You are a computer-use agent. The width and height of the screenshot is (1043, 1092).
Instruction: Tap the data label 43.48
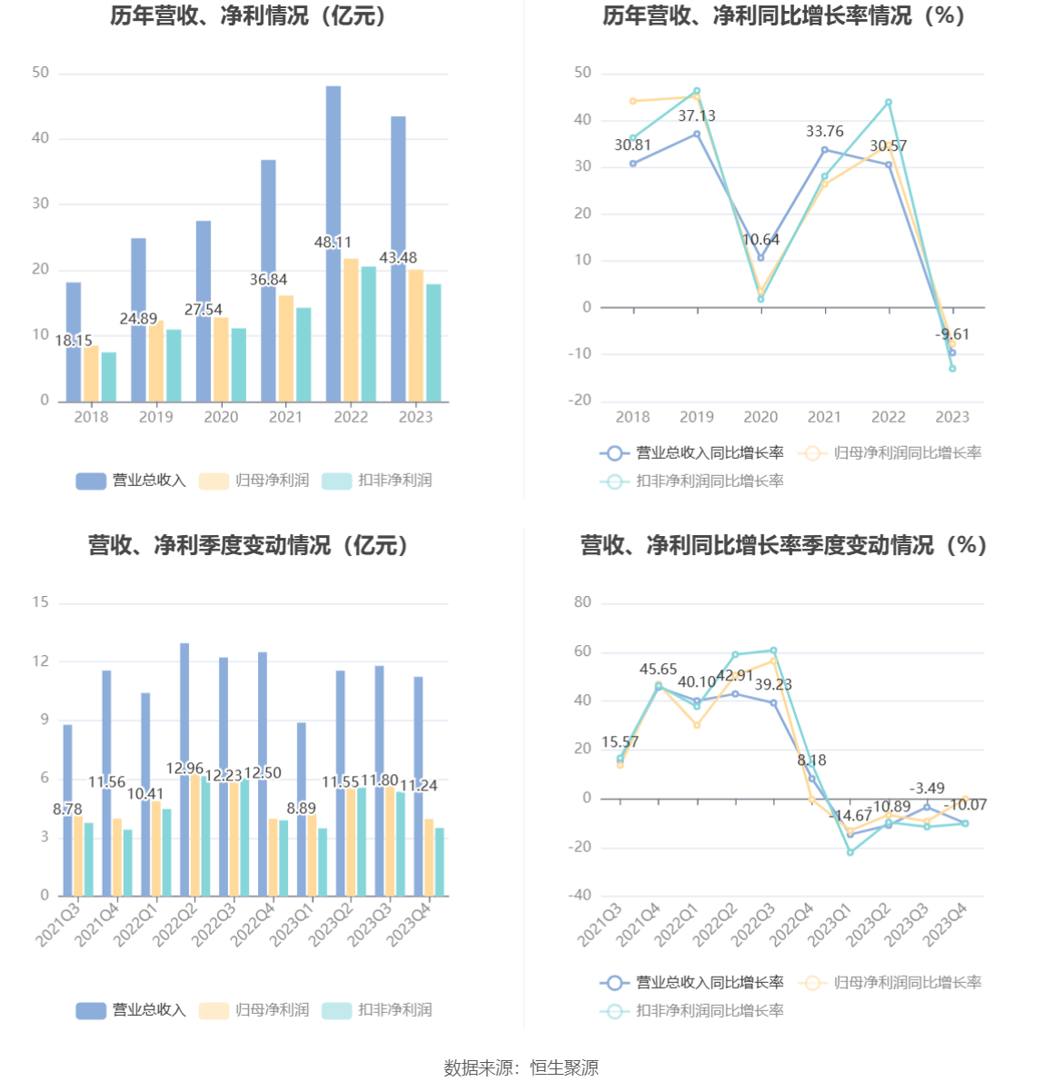398,258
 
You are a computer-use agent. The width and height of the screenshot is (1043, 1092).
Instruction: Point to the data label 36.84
268,280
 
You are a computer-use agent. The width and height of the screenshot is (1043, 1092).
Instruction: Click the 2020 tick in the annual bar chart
221,417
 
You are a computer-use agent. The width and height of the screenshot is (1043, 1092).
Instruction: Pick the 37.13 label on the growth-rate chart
697,116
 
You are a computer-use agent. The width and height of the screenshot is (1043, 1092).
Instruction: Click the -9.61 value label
952,334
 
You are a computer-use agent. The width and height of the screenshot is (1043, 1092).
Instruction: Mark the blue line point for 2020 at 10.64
761,258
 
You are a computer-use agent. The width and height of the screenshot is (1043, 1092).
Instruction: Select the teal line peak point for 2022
889,103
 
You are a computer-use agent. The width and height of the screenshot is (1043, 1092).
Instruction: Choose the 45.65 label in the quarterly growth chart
658,670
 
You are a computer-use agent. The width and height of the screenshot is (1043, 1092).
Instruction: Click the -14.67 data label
852,816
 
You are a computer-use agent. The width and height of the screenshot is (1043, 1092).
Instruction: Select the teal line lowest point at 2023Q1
850,852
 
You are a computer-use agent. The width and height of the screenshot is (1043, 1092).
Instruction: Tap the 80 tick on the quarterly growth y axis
582,602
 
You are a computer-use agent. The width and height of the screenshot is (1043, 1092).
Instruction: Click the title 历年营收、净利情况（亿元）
249,16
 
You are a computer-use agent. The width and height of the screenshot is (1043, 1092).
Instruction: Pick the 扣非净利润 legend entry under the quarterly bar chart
378,1010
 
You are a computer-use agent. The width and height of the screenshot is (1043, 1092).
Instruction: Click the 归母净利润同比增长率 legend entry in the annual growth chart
890,452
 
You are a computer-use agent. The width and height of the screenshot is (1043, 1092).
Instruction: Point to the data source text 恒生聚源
564,1068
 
